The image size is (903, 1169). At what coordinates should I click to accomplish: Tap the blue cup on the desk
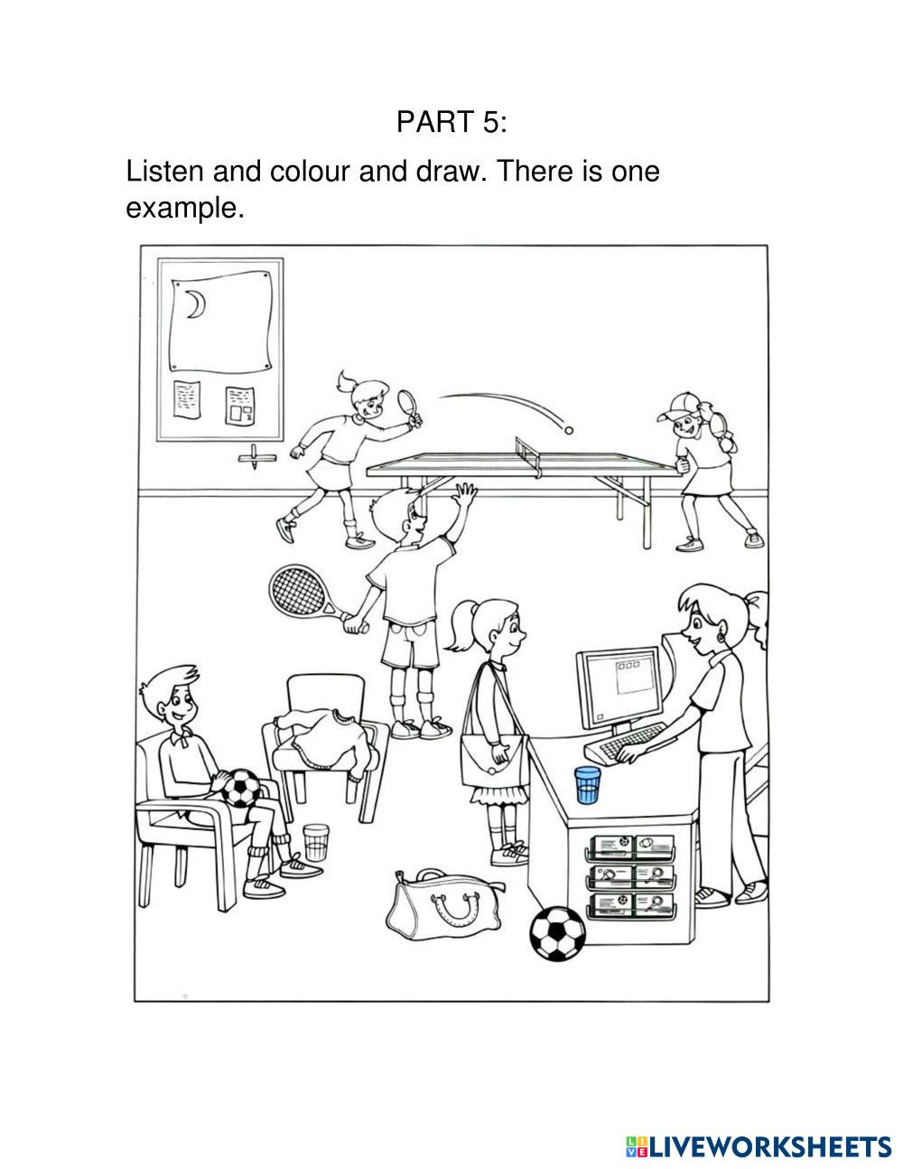click(586, 785)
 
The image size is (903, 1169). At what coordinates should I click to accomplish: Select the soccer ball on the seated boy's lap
click(241, 788)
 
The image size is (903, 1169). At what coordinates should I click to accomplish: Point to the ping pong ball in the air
click(568, 429)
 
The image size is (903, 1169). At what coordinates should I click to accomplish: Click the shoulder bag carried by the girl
click(494, 760)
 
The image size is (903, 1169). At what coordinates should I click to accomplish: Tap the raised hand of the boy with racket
click(465, 495)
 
